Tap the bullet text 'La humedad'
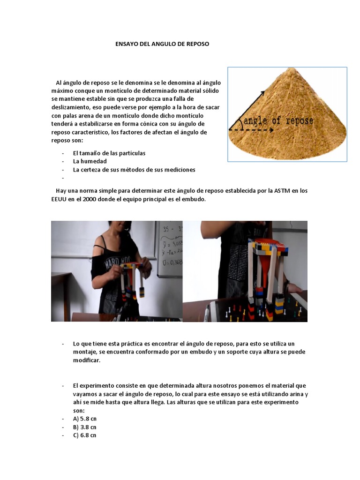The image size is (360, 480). [90, 161]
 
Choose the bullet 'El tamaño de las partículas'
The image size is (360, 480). [109, 153]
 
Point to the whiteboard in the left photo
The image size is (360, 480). [168, 248]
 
